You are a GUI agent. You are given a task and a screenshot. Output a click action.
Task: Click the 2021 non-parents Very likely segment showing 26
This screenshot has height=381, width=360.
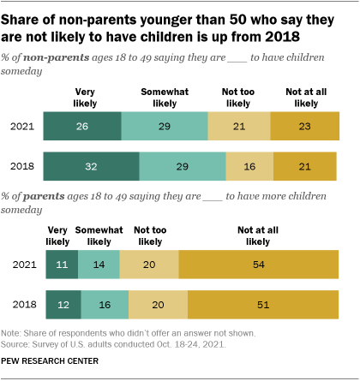(x=82, y=126)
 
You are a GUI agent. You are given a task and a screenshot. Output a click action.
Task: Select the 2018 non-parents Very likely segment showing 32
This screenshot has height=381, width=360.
(x=91, y=165)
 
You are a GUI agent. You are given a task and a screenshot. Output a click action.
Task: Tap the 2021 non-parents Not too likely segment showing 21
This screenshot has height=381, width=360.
(x=239, y=126)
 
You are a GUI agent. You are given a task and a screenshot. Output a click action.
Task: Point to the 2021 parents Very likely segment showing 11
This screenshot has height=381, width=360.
(x=61, y=265)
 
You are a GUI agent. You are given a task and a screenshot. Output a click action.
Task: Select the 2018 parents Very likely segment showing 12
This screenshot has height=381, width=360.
(x=63, y=304)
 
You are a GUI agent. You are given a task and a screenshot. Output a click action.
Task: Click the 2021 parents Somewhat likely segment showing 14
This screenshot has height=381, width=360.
(x=99, y=265)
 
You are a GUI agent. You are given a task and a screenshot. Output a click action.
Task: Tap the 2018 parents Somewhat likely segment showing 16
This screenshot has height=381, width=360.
(x=105, y=304)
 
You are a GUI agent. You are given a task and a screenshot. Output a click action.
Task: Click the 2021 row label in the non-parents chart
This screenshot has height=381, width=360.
(x=23, y=126)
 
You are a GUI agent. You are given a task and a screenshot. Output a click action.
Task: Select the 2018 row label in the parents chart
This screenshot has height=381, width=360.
(x=23, y=304)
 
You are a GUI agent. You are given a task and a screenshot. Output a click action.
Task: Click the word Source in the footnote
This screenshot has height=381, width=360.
(x=17, y=342)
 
